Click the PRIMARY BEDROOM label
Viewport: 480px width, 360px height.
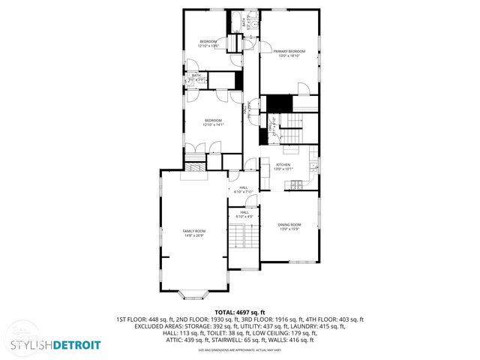point(289,51)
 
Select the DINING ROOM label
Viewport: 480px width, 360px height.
point(289,224)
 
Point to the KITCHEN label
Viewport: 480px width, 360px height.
point(283,164)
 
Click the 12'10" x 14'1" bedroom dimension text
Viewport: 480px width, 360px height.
point(214,125)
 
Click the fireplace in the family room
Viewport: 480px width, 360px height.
point(196,170)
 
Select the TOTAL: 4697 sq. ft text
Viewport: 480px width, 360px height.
point(239,311)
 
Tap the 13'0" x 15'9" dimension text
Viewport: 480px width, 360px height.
point(289,229)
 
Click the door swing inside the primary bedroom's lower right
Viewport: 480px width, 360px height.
point(304,90)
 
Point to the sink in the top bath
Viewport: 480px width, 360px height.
point(253,24)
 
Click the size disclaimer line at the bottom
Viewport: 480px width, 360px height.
point(239,350)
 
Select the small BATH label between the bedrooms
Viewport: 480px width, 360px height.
point(196,75)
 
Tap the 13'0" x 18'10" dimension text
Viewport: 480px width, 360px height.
point(289,55)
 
